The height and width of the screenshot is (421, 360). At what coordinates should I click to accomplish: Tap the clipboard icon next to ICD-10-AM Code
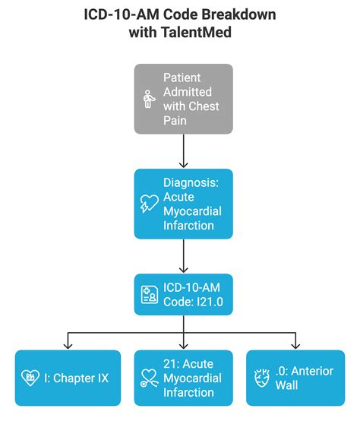(x=149, y=296)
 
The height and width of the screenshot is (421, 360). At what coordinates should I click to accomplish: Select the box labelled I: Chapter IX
(x=68, y=378)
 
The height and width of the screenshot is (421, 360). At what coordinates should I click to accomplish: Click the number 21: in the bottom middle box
(x=172, y=363)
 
